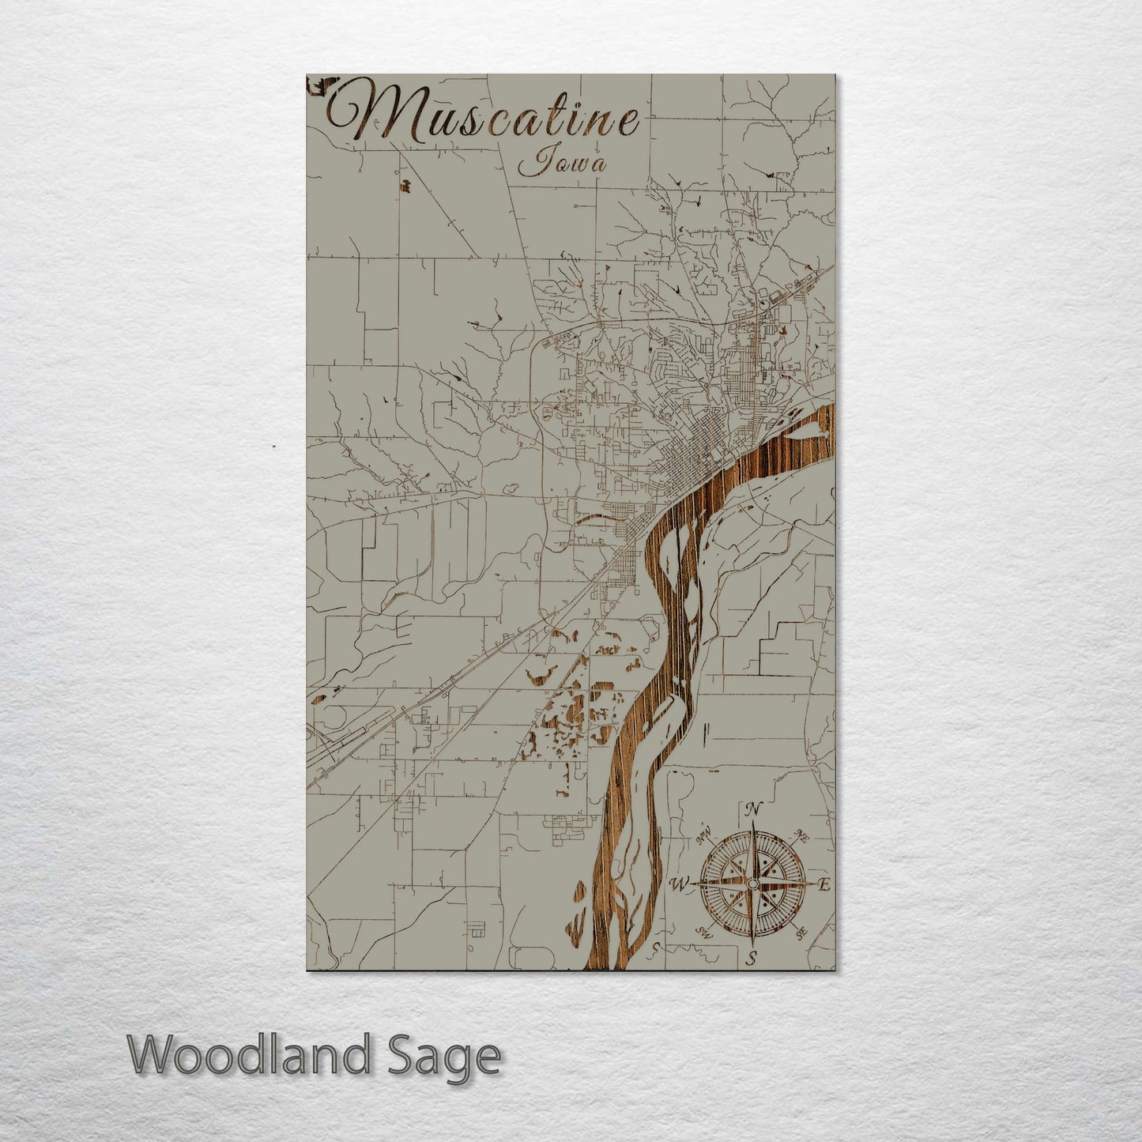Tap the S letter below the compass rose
click(752, 959)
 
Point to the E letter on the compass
click(824, 885)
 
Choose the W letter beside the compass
click(679, 884)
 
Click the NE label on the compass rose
click(801, 835)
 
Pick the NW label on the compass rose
click(704, 835)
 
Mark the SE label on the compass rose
click(801, 933)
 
